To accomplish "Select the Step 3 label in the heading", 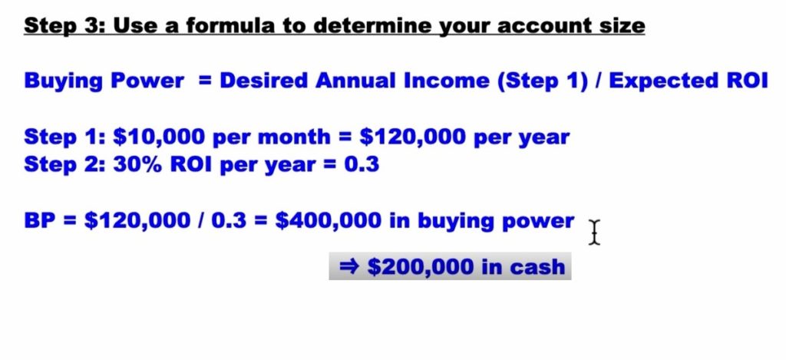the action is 65,26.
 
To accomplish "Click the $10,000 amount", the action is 160,137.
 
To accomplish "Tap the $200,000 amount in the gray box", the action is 421,267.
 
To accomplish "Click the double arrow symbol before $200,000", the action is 349,267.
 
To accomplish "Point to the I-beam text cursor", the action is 594,233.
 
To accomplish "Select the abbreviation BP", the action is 40,221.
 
